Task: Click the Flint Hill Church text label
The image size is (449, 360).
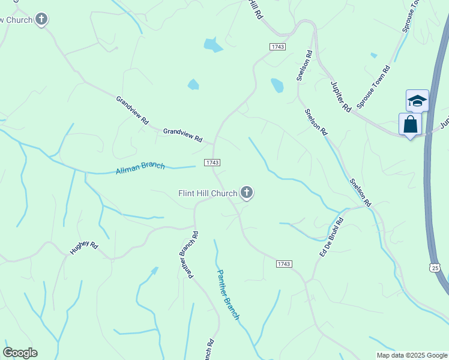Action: coord(208,193)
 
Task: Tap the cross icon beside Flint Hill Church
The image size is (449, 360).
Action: coord(246,193)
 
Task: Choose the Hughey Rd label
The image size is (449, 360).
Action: coord(83,247)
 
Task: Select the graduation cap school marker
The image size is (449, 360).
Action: coord(417,101)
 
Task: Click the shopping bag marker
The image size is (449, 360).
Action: coord(410,125)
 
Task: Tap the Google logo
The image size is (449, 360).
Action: coord(20,353)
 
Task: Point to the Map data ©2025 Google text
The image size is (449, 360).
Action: coord(412,355)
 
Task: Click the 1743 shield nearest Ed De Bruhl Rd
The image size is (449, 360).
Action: coord(284,264)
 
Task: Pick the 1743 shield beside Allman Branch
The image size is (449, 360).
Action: coord(212,163)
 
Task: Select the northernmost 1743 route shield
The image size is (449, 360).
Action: coord(277,46)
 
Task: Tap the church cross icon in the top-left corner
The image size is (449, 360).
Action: coord(41,19)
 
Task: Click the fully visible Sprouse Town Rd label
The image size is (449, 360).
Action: coord(373,87)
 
